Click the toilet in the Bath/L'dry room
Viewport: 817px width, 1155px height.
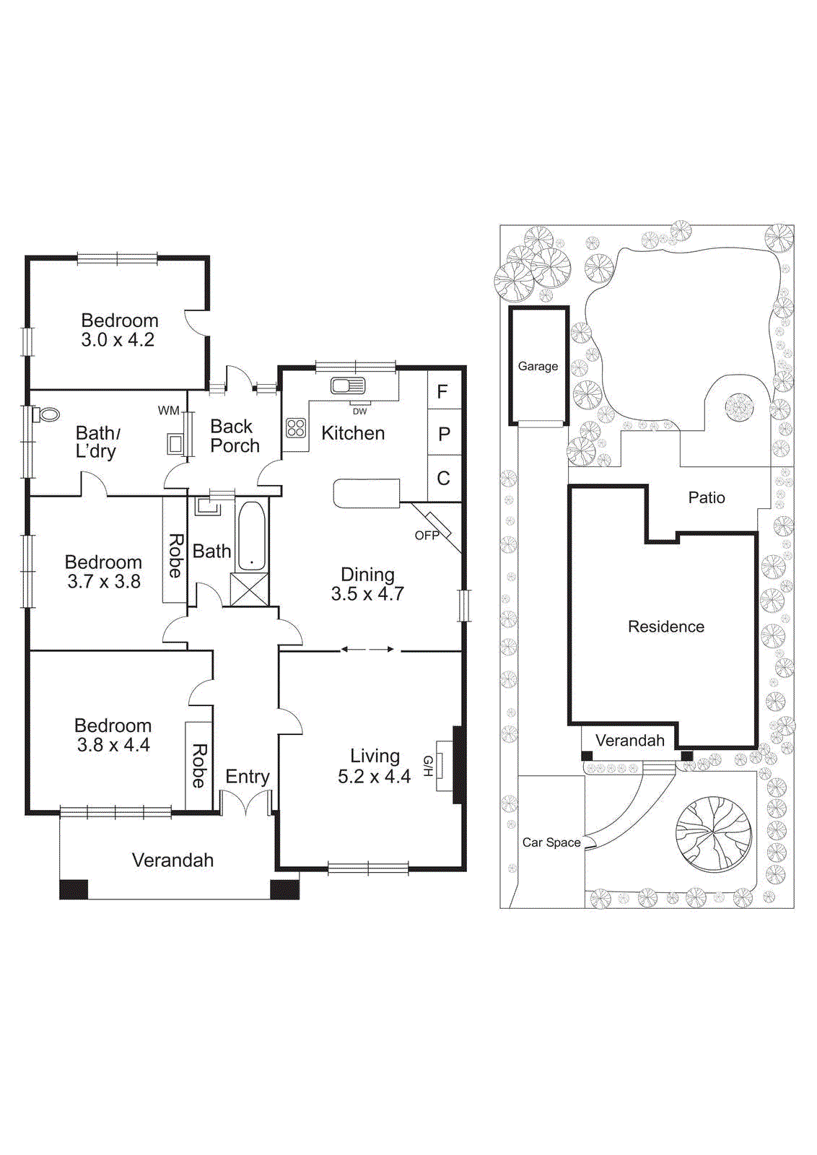[x=48, y=415]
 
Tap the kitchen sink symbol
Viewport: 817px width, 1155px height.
[x=347, y=386]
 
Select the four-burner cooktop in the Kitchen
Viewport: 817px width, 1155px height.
[x=296, y=428]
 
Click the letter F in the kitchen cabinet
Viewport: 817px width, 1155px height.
[x=442, y=392]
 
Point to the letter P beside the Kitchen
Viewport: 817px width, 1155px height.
[x=444, y=435]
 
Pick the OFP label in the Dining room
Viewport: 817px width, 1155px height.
[x=427, y=536]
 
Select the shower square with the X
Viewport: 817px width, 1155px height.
[x=249, y=589]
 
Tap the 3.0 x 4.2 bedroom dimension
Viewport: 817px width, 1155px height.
[x=118, y=340]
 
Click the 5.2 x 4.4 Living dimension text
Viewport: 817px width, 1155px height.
[x=374, y=777]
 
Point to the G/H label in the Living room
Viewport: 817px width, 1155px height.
[x=427, y=766]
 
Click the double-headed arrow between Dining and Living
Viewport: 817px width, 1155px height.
[x=368, y=650]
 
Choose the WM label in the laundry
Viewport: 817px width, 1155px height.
[x=168, y=411]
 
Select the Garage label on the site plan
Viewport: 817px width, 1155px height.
[x=538, y=366]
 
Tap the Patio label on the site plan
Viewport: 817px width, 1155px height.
[x=706, y=497]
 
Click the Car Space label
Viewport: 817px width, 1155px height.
[x=551, y=842]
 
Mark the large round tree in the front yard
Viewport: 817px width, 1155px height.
[x=713, y=834]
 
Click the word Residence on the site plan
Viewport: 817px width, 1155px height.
[x=665, y=627]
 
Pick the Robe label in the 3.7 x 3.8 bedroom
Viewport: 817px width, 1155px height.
[x=175, y=556]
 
